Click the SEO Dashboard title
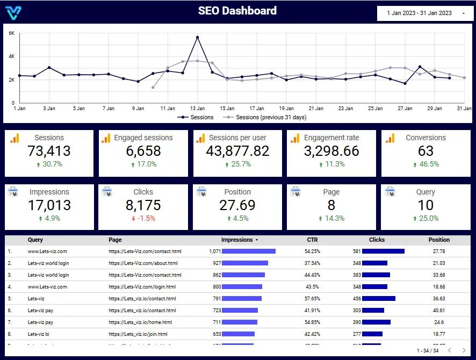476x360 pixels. point(237,11)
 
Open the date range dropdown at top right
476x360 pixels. point(426,13)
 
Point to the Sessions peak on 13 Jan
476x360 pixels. point(198,38)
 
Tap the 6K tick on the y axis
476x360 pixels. point(11,33)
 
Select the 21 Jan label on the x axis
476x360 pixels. point(316,109)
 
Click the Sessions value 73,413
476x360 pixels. point(49,151)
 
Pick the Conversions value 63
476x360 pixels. point(425,151)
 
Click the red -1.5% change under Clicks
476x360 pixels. point(143,218)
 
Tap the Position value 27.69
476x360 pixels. point(237,205)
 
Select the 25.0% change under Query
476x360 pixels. point(425,218)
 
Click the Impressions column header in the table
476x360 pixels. point(237,240)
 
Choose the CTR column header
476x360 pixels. point(312,240)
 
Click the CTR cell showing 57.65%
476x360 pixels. point(312,299)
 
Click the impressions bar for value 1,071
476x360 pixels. point(248,251)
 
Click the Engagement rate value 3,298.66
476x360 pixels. point(331,151)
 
